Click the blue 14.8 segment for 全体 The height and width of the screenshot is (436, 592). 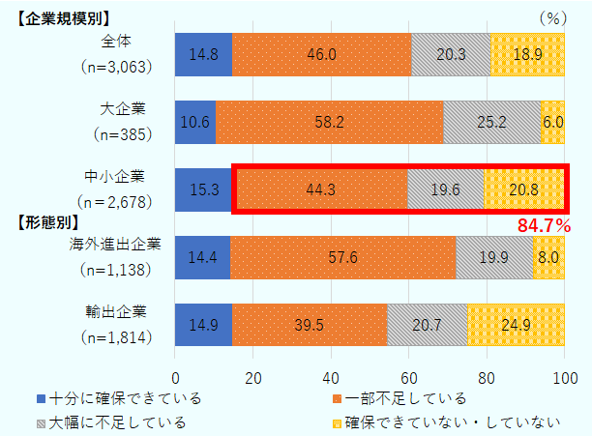(203, 54)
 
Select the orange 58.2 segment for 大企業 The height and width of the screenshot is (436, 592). (329, 122)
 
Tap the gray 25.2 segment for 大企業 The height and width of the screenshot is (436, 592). (491, 122)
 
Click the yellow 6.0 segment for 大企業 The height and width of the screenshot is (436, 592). (552, 122)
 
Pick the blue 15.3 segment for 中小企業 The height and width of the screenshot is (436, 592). (204, 189)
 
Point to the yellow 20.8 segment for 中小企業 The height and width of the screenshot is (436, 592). (523, 189)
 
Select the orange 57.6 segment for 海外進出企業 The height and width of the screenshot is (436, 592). (342, 257)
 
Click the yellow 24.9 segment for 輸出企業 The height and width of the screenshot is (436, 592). (516, 325)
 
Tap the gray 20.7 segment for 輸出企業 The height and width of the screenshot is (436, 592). (427, 325)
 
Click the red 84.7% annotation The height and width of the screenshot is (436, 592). (544, 226)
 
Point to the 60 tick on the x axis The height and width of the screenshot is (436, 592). (408, 377)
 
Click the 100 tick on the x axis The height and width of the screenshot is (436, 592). (563, 377)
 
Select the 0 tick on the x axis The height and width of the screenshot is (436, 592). (175, 377)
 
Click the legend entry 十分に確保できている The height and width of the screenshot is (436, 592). (111, 398)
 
